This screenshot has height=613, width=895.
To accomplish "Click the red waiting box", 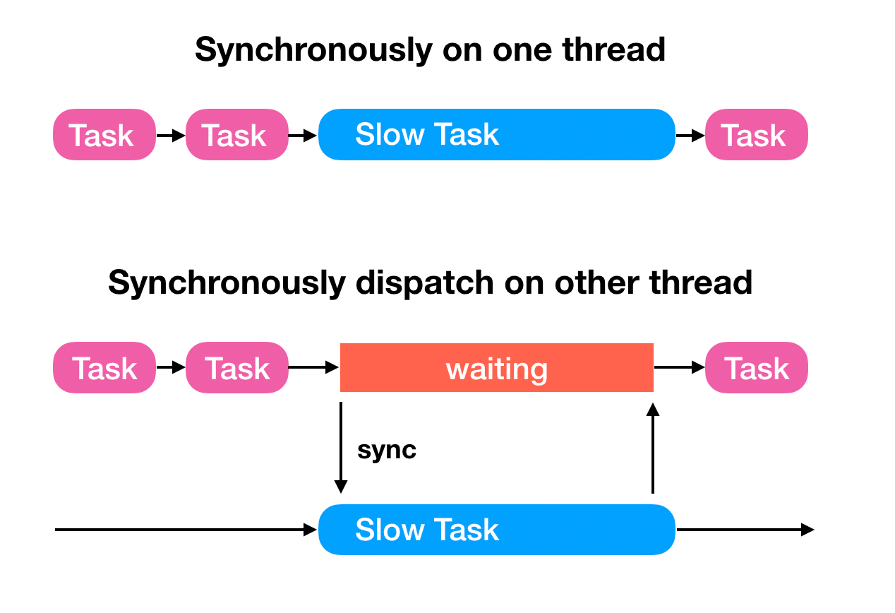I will coord(496,368).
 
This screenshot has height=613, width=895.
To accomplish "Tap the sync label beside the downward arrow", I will coord(387,450).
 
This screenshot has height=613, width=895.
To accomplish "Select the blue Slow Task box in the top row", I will coord(496,134).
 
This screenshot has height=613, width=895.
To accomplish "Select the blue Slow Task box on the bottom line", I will coord(496,530).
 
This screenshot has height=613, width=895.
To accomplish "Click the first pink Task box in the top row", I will coord(104,134).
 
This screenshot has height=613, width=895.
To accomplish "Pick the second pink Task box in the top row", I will coord(236,134).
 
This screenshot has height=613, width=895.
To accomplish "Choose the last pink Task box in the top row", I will coord(756,134).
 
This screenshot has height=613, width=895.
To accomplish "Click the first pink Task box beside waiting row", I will coord(104,368).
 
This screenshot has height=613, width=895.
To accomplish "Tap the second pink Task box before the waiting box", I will coord(236,368).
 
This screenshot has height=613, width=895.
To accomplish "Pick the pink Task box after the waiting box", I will coord(756,368).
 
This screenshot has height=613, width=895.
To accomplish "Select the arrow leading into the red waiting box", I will coord(314,367).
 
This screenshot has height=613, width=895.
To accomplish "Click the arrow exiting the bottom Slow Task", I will coord(745,530).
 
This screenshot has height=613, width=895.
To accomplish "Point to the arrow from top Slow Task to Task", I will coord(690,134).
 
